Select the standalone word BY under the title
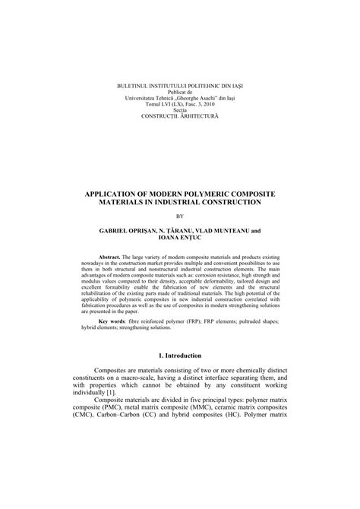180,216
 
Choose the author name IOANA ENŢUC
180,238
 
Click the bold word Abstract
111,258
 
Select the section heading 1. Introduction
180,355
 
